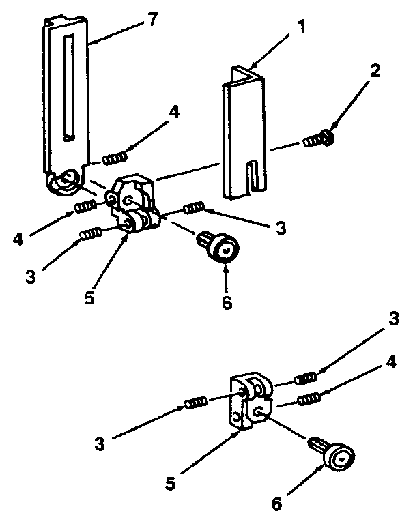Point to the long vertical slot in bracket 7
point(66,89)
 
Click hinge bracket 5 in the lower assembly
point(249,403)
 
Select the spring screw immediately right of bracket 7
point(114,158)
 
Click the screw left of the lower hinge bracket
point(195,403)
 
